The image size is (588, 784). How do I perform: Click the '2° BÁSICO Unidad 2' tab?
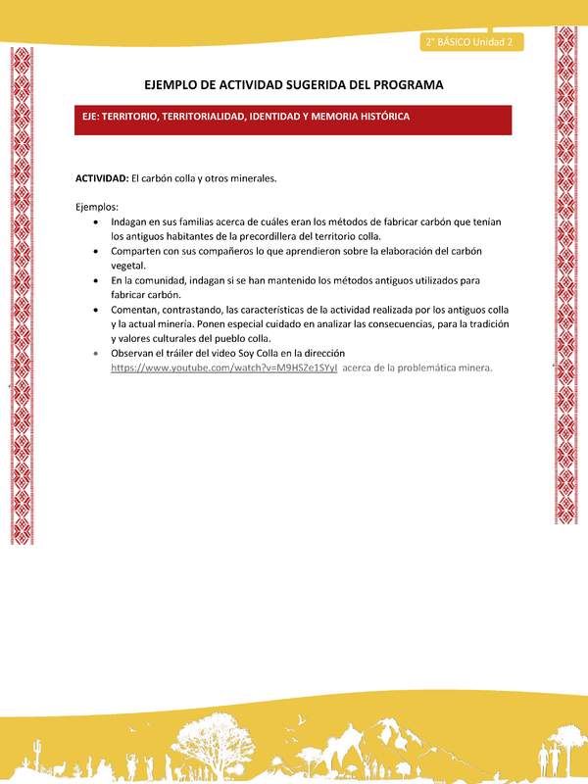471,42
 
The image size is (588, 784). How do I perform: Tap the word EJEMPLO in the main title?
174,85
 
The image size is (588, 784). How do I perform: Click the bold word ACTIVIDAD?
102,178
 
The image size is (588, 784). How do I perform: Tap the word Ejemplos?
97,207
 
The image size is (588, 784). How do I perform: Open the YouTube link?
223,367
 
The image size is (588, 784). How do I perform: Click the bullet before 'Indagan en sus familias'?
94,222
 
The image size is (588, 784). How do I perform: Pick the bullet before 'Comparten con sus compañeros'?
94,251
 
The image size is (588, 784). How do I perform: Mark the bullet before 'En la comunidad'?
94,279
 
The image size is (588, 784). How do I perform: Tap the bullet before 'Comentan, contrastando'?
94,309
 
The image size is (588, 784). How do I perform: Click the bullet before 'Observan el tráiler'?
94,352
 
